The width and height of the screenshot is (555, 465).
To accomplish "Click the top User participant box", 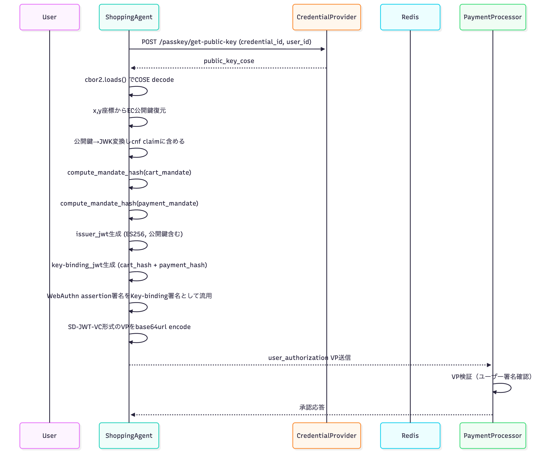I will tap(49, 17).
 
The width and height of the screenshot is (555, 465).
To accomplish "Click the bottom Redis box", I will tap(410, 435).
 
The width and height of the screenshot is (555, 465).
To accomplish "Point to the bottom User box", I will tap(49, 435).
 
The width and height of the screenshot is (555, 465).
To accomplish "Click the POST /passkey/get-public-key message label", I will tap(226, 42).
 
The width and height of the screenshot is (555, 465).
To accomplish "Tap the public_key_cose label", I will tap(229, 61).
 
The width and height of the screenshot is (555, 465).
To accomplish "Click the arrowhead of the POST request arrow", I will tap(323, 49).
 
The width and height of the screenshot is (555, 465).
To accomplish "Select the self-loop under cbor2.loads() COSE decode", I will tap(143, 91).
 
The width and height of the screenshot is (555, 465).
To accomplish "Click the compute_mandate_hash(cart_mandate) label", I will tap(129, 173).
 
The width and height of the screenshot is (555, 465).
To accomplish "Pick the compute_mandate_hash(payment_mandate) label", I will tap(129, 204).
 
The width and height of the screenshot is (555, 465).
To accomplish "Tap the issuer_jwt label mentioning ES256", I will tap(129, 234).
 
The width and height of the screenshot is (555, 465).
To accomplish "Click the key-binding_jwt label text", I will tap(129, 265).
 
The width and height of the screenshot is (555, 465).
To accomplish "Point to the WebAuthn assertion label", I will tap(129, 296).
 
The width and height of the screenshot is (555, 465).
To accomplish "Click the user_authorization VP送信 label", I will tap(309, 358).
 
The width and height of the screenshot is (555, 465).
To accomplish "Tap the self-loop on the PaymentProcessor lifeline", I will tap(506, 388).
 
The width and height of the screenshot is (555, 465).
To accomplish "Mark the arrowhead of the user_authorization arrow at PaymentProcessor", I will tap(489, 365).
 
